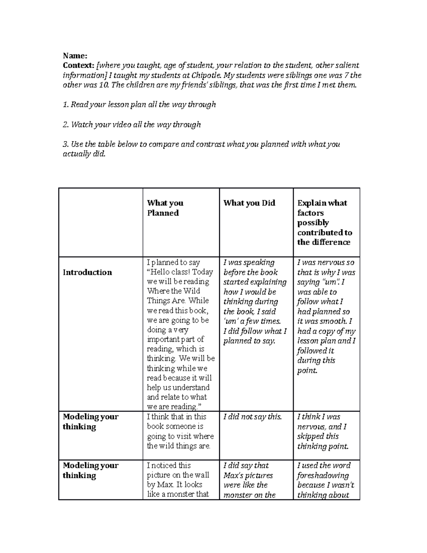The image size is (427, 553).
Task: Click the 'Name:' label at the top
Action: point(75,56)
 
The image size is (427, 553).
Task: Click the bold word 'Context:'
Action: point(78,66)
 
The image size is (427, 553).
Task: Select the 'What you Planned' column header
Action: point(165,208)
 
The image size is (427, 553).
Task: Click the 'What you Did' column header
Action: point(249,203)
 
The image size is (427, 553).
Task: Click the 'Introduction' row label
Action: point(87,272)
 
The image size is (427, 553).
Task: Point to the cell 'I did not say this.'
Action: point(252,417)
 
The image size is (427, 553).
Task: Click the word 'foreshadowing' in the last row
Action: point(323,475)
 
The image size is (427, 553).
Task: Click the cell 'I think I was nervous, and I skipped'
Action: point(322,431)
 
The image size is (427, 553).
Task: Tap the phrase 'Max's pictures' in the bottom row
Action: point(248,475)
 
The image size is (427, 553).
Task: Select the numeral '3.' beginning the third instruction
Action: point(65,145)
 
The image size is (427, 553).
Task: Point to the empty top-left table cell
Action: point(101,222)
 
